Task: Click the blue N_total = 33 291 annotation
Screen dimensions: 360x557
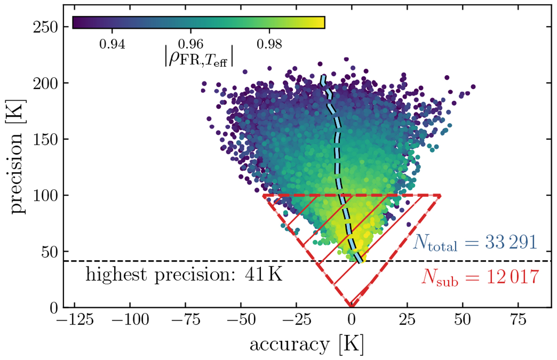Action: [x=476, y=243]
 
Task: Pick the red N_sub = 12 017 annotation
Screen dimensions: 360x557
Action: [x=480, y=277]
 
